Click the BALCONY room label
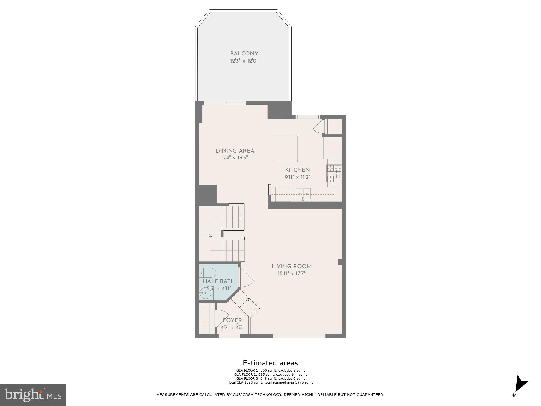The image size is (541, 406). pyautogui.click(x=244, y=54)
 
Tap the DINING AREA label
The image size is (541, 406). pyautogui.click(x=235, y=151)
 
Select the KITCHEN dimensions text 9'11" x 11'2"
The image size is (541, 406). pyautogui.click(x=297, y=177)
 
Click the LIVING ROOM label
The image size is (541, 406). pyautogui.click(x=292, y=267)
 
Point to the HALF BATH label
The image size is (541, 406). pyautogui.click(x=219, y=281)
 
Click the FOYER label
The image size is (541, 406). pyautogui.click(x=232, y=320)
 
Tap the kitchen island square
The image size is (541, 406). pyautogui.click(x=286, y=149)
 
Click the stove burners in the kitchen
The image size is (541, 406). pyautogui.click(x=334, y=173)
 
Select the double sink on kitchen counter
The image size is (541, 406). pyautogui.click(x=303, y=194)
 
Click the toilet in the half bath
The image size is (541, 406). pyautogui.click(x=208, y=273)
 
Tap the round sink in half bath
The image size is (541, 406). pyautogui.click(x=206, y=293)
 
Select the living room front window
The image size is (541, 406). pyautogui.click(x=299, y=336)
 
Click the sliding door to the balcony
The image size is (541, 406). pyautogui.click(x=225, y=103)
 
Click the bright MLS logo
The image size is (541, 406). pyautogui.click(x=33, y=395)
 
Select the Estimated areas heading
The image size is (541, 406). pyautogui.click(x=270, y=363)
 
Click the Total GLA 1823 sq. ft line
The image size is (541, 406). pyautogui.click(x=270, y=382)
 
